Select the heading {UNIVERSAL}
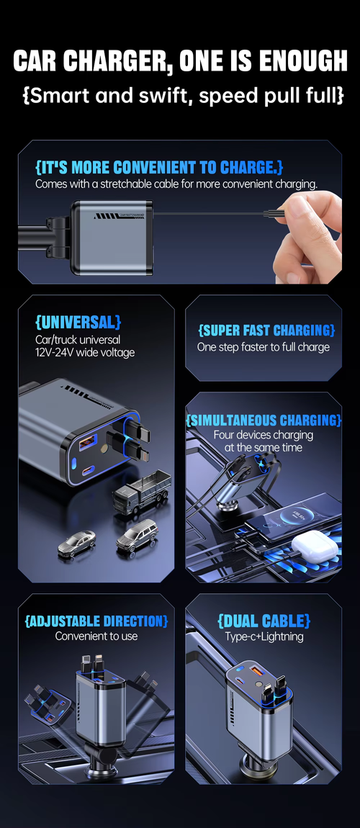coord(78,322)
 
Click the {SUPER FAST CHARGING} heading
coord(266,330)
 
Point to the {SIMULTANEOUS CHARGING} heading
coord(264,420)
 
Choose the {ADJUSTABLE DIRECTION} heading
coord(96,621)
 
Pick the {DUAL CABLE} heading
coord(264,621)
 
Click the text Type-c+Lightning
coord(264,636)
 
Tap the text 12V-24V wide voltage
coord(85,352)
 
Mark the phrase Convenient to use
coord(96,636)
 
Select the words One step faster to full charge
coord(264,347)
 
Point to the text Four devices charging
coord(264,435)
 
